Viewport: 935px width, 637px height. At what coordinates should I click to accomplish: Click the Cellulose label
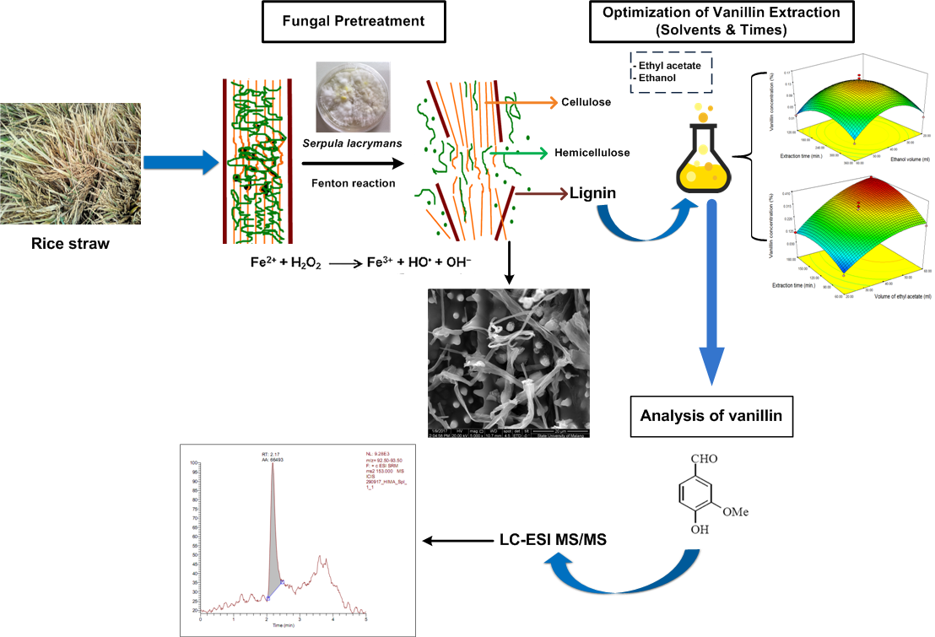[x=586, y=103]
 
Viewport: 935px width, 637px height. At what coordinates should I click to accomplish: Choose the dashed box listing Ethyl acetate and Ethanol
[x=672, y=70]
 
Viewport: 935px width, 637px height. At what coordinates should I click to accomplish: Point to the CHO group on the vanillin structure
[x=706, y=461]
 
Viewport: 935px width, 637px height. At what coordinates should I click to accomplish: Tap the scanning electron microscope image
[x=509, y=362]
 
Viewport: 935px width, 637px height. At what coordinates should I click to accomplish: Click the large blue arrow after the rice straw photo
[x=174, y=161]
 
